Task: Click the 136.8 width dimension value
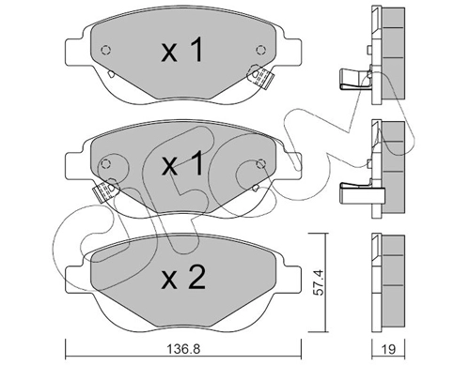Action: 183,349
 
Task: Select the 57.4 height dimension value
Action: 319,284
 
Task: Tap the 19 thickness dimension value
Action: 389,349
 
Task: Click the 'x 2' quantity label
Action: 183,277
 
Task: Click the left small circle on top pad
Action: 106,50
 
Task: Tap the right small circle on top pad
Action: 260,50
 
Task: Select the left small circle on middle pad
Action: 106,163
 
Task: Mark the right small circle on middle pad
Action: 260,163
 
